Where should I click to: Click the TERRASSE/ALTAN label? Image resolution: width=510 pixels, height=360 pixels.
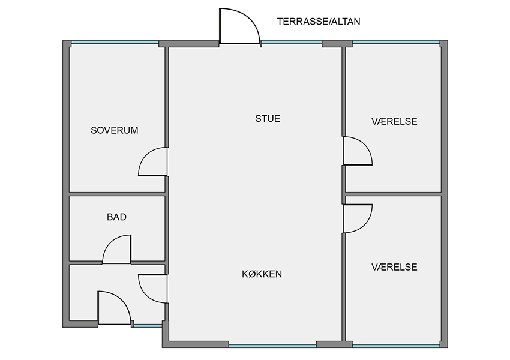[x=319, y=22]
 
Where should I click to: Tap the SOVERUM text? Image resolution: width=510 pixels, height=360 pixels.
[x=115, y=130]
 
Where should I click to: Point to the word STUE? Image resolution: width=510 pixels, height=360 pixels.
[x=268, y=118]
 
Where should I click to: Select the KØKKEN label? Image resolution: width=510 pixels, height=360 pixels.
[x=262, y=274]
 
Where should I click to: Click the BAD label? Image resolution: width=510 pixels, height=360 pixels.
[x=117, y=217]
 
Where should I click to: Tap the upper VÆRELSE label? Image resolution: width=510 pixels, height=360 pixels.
[x=394, y=121]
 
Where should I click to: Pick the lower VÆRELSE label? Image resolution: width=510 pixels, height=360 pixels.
[x=394, y=267]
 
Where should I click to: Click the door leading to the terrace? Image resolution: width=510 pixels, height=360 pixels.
[x=240, y=26]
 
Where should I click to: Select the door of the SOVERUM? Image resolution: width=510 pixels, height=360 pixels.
[x=153, y=161]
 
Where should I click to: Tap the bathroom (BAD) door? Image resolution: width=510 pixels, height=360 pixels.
[x=117, y=249]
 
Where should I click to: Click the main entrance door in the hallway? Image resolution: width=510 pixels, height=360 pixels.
[x=115, y=308]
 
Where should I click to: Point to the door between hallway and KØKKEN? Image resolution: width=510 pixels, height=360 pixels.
[x=153, y=289]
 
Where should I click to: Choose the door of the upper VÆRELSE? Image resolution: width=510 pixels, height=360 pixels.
[x=358, y=151]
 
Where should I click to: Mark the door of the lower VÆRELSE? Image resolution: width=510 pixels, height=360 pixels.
[x=358, y=218]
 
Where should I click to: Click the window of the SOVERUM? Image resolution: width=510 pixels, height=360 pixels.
[x=115, y=42]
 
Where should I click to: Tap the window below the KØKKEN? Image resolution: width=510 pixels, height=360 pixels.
[x=272, y=346]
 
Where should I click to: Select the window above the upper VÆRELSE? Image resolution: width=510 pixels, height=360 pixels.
[x=396, y=42]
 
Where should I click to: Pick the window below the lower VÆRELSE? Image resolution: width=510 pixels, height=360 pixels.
[x=396, y=346]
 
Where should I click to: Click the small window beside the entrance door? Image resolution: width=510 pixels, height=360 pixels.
[x=148, y=326]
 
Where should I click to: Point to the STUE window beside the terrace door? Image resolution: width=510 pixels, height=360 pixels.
[x=292, y=42]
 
